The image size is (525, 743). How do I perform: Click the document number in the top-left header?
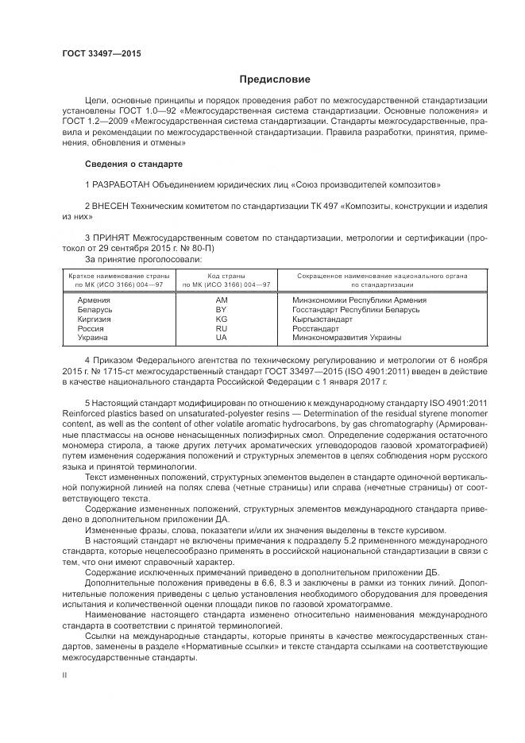pyautogui.click(x=96, y=53)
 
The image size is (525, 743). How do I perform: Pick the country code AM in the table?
pyautogui.click(x=222, y=300)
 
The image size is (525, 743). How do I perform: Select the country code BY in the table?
pyautogui.click(x=222, y=310)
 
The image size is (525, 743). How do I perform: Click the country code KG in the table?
pyautogui.click(x=222, y=319)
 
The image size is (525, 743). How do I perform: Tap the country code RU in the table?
pyautogui.click(x=222, y=328)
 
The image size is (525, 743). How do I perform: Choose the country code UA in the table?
pyautogui.click(x=222, y=337)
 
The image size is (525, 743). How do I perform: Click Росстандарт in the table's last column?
pyautogui.click(x=315, y=328)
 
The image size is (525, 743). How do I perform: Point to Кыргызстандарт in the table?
pyautogui.click(x=322, y=319)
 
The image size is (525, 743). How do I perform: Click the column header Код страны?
pyautogui.click(x=226, y=275)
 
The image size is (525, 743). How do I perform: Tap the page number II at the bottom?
pyautogui.click(x=66, y=673)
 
